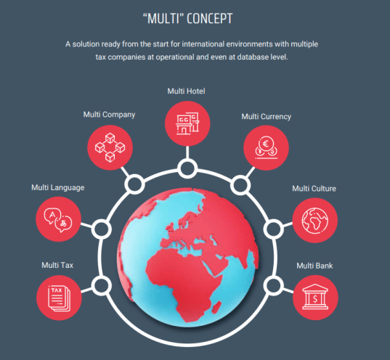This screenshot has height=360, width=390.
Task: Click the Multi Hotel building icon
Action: pos(187,123)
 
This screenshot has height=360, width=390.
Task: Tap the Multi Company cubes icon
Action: pos(110,147)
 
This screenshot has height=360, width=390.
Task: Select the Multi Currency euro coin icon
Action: pos(266,147)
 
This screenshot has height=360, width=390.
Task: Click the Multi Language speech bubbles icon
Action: pos(58,220)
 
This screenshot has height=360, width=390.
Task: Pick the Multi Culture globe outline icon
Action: pos(315,221)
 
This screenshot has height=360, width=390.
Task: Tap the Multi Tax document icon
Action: pos(60,298)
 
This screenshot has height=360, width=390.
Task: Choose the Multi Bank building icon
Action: pos(315,297)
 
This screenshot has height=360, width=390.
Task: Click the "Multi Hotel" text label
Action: pos(187,91)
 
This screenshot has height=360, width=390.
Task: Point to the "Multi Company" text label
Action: pos(109,115)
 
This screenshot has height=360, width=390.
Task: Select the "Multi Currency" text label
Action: pos(267,117)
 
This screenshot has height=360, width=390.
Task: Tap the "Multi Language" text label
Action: pos(58,187)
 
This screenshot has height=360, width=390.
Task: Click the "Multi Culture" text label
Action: pos(314,189)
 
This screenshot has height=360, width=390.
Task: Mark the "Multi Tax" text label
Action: pos(57,265)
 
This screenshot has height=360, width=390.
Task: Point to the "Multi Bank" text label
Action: pos(314,266)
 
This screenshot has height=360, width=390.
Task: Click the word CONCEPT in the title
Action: pos(210,19)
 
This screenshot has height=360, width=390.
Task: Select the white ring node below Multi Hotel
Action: pos(187,168)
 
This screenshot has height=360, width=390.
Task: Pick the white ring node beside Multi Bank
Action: pos(273,285)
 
